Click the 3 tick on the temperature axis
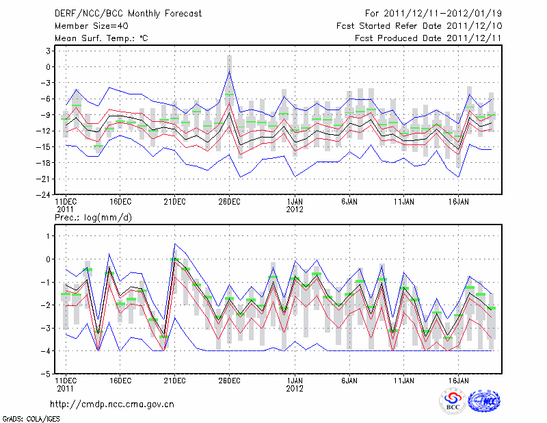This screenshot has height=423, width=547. pos(49,51)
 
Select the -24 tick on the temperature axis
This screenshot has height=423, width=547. pos(44,194)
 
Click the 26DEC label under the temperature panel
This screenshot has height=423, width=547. pos(229,203)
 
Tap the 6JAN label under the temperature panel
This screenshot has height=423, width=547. pos(349,203)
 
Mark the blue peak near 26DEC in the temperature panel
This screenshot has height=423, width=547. pos(229,71)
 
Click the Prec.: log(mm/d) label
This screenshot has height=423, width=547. pos(93,218)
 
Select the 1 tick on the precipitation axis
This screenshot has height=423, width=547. pos(49,235)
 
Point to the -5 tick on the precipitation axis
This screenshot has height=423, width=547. pos(46,374)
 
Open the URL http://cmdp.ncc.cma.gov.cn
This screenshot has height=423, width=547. pos(112,405)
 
